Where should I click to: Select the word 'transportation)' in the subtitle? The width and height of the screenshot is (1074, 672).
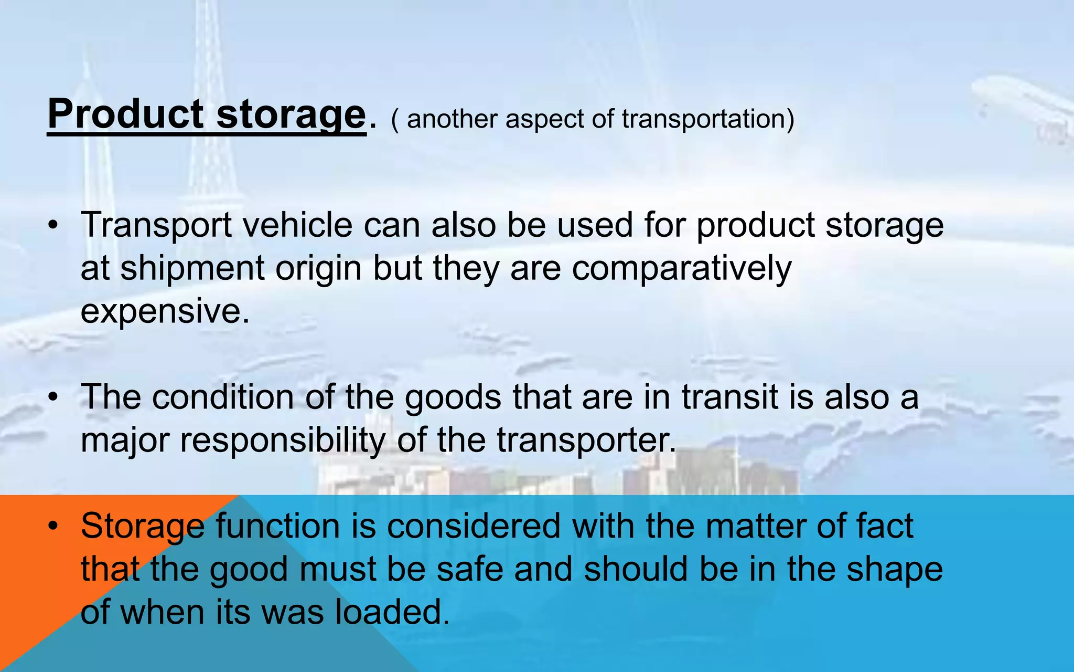708,119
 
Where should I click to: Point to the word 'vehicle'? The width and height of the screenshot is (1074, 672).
297,225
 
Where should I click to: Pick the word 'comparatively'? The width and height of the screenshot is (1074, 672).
681,268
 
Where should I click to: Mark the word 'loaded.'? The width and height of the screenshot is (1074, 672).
392,612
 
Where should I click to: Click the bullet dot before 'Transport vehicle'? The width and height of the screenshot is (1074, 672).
52,226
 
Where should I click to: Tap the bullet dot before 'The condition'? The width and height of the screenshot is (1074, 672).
52,397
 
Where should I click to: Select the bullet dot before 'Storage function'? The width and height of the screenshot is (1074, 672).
52,526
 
